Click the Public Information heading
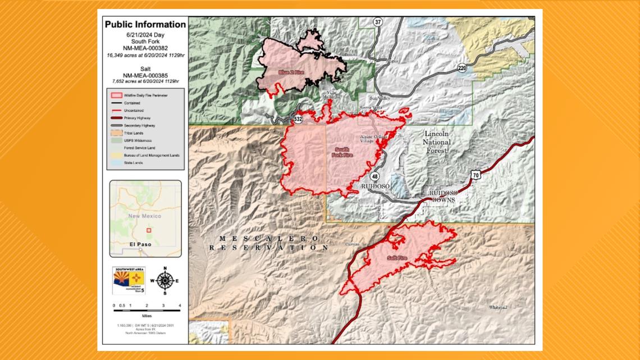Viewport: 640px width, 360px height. [145, 25]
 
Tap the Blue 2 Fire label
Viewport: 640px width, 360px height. [291, 73]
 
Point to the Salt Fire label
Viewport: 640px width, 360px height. [396, 258]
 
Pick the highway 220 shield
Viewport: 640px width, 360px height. [462, 68]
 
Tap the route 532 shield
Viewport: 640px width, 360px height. [297, 119]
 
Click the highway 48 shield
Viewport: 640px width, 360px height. [375, 176]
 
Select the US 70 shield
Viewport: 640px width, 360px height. [476, 176]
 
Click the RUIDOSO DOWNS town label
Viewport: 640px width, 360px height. [444, 196]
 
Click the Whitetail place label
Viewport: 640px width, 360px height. [498, 307]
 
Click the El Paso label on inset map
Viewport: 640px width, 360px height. [140, 245]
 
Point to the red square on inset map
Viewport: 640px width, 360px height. [149, 229]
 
